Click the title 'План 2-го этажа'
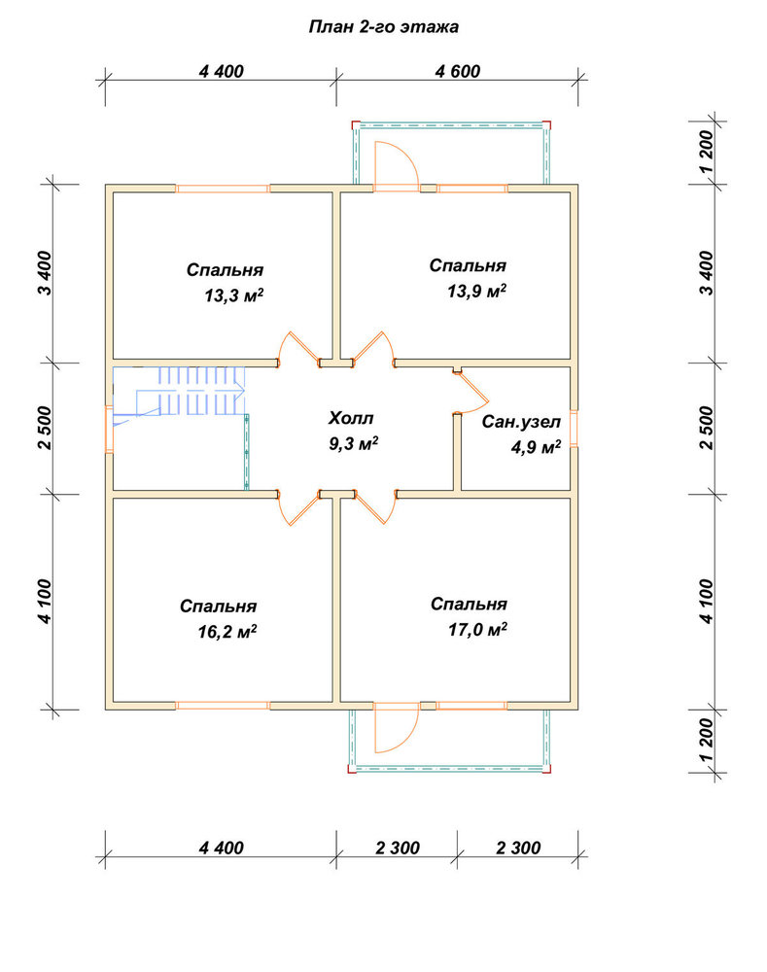tap(384, 26)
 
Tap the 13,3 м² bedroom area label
tap(233, 295)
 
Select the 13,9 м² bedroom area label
tap(476, 291)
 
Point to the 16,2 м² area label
tap(227, 632)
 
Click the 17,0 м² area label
tap(477, 630)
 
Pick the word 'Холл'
tap(351, 418)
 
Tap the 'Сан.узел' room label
tap(521, 422)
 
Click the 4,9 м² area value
tap(536, 446)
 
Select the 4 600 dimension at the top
tap(458, 71)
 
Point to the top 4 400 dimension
tap(222, 71)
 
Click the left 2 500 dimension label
tap(46, 428)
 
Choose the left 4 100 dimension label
tap(46, 602)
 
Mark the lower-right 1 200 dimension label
tap(706, 740)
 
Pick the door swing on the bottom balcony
tap(396, 727)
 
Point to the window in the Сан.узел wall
tap(574, 429)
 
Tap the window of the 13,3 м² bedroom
tap(222, 189)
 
